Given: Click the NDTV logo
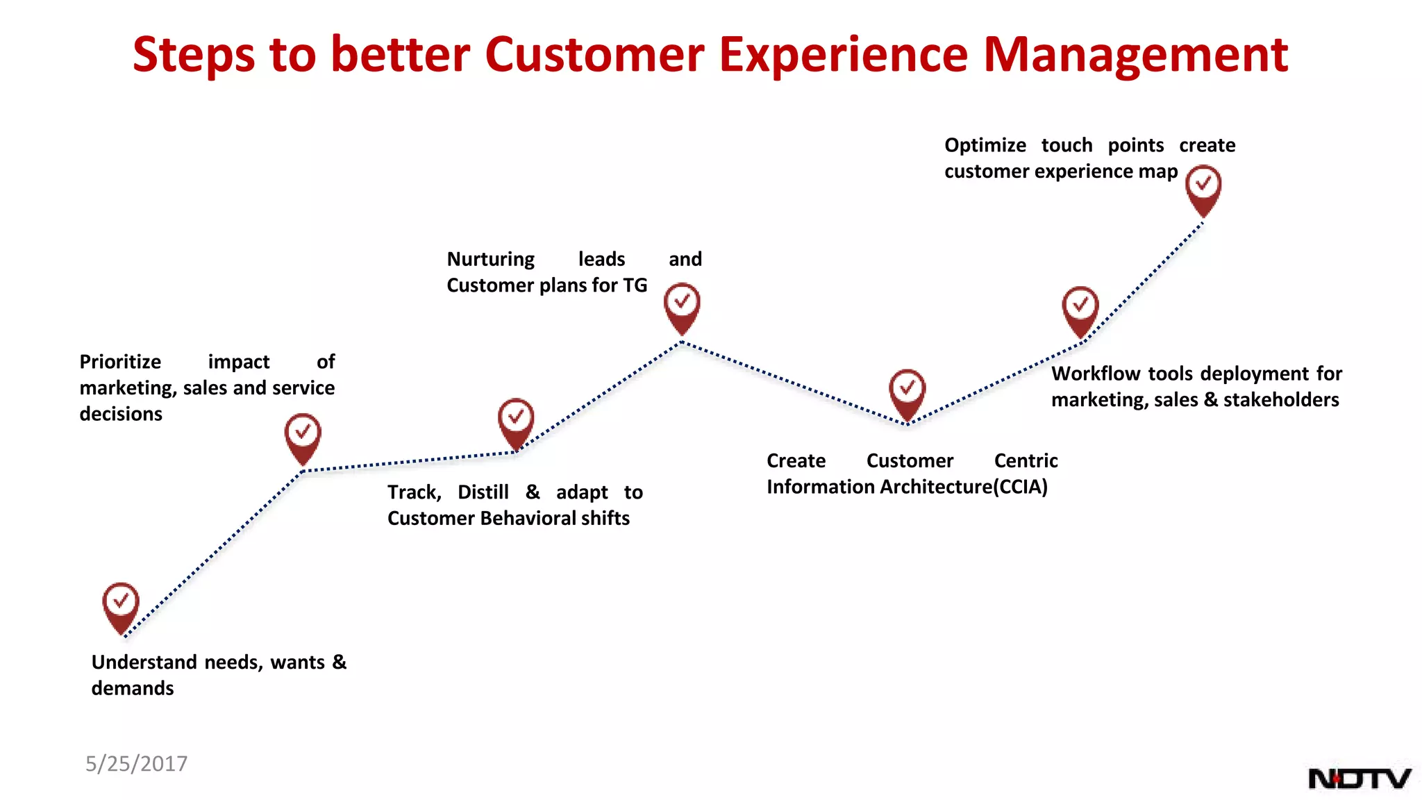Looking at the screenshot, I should (x=1359, y=778).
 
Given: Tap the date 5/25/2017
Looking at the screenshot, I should (x=136, y=764).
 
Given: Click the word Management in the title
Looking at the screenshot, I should (x=1136, y=56).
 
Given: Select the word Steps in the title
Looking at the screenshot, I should (x=194, y=56).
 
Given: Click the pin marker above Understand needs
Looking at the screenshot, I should (x=121, y=604).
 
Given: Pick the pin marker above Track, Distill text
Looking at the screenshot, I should (x=516, y=420).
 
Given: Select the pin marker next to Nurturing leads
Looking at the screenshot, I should (x=682, y=305).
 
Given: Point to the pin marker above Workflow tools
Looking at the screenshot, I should (x=1080, y=308).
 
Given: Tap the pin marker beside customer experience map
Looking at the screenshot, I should (x=1203, y=187).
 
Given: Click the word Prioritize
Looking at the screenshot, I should (x=120, y=362).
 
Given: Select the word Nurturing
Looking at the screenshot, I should (x=490, y=260).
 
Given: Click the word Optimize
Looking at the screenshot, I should (x=985, y=145).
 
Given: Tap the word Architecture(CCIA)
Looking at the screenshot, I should (x=964, y=487).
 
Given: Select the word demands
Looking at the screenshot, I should (x=133, y=688).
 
